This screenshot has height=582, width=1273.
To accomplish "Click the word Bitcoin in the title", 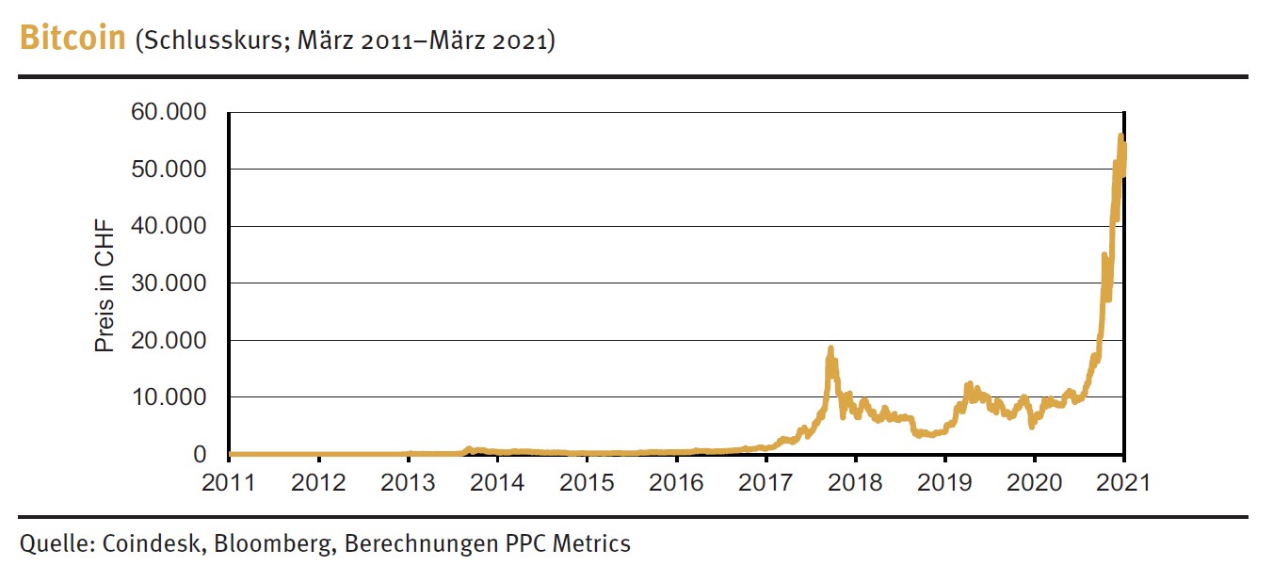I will coord(73,40).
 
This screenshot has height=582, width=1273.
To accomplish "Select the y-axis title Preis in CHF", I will coord(104,284).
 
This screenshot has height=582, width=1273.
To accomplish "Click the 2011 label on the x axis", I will coord(230,482).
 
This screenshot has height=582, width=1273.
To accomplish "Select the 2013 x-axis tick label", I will coord(409,482).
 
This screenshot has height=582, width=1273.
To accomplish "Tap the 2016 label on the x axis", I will coord(677,482).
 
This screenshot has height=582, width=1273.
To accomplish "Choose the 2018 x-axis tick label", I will coord(855,482).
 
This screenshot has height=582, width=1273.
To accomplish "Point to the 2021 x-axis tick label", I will coord(1123,482).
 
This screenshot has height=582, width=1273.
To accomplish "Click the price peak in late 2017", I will coord(830,348).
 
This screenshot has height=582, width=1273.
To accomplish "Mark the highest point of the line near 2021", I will coord(1120,136).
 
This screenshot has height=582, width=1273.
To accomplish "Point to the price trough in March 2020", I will coord(1032,427).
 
